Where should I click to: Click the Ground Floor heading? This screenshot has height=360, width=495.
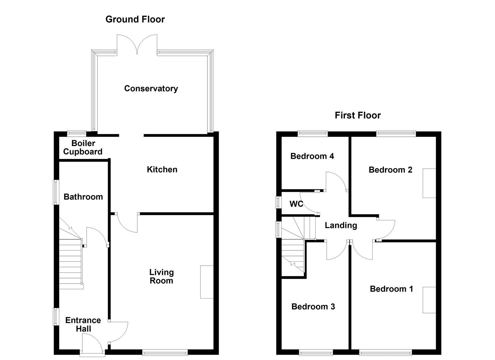(135, 19)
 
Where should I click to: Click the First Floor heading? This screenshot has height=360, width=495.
(358, 115)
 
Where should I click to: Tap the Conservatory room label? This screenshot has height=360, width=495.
(151, 88)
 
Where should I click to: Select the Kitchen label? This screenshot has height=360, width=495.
(162, 169)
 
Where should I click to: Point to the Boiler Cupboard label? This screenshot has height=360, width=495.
(83, 147)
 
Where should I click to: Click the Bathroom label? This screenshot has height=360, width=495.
(83, 197)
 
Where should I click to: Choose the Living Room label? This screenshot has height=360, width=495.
(161, 276)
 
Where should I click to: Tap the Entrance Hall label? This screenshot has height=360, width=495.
(83, 324)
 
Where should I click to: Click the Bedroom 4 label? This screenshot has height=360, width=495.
(312, 156)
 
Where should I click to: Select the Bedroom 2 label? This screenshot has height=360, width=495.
(390, 170)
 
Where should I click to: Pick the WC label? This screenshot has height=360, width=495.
(296, 204)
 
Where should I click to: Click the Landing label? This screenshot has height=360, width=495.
(341, 225)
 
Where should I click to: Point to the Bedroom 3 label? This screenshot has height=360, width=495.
(313, 306)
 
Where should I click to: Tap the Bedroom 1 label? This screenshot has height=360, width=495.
(391, 289)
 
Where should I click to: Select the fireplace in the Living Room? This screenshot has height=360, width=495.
(207, 282)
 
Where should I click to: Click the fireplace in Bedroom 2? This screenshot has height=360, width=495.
(429, 183)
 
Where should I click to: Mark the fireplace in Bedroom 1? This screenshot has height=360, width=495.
(429, 300)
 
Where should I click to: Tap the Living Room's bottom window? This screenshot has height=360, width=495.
(165, 352)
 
